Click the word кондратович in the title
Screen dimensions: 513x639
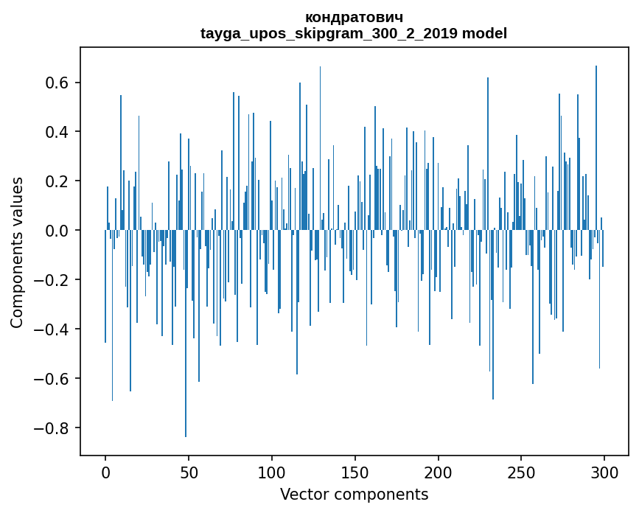(x=354, y=17)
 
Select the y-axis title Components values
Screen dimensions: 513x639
(x=17, y=252)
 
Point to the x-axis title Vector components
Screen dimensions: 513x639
(x=354, y=494)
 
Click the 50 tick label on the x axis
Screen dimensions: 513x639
(x=189, y=472)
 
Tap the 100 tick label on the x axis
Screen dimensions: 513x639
(x=272, y=472)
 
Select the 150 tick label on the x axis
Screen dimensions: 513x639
(x=355, y=472)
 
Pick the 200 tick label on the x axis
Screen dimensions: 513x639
(x=439, y=472)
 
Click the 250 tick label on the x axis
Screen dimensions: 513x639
(x=521, y=472)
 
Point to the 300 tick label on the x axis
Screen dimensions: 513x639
(x=604, y=472)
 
